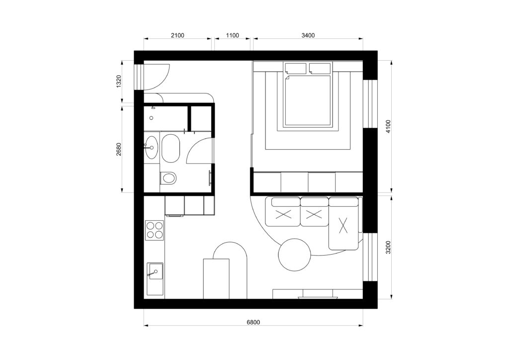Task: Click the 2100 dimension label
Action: [177, 35]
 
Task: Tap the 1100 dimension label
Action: [233, 35]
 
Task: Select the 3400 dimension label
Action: [308, 35]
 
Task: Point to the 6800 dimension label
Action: [253, 322]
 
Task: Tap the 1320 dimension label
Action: [118, 81]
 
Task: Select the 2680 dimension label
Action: [118, 149]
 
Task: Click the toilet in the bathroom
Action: [168, 178]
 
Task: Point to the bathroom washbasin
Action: [151, 147]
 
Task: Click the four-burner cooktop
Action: [154, 230]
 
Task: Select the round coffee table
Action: [294, 255]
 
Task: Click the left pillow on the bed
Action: [295, 68]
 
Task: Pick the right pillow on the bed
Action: [320, 68]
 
